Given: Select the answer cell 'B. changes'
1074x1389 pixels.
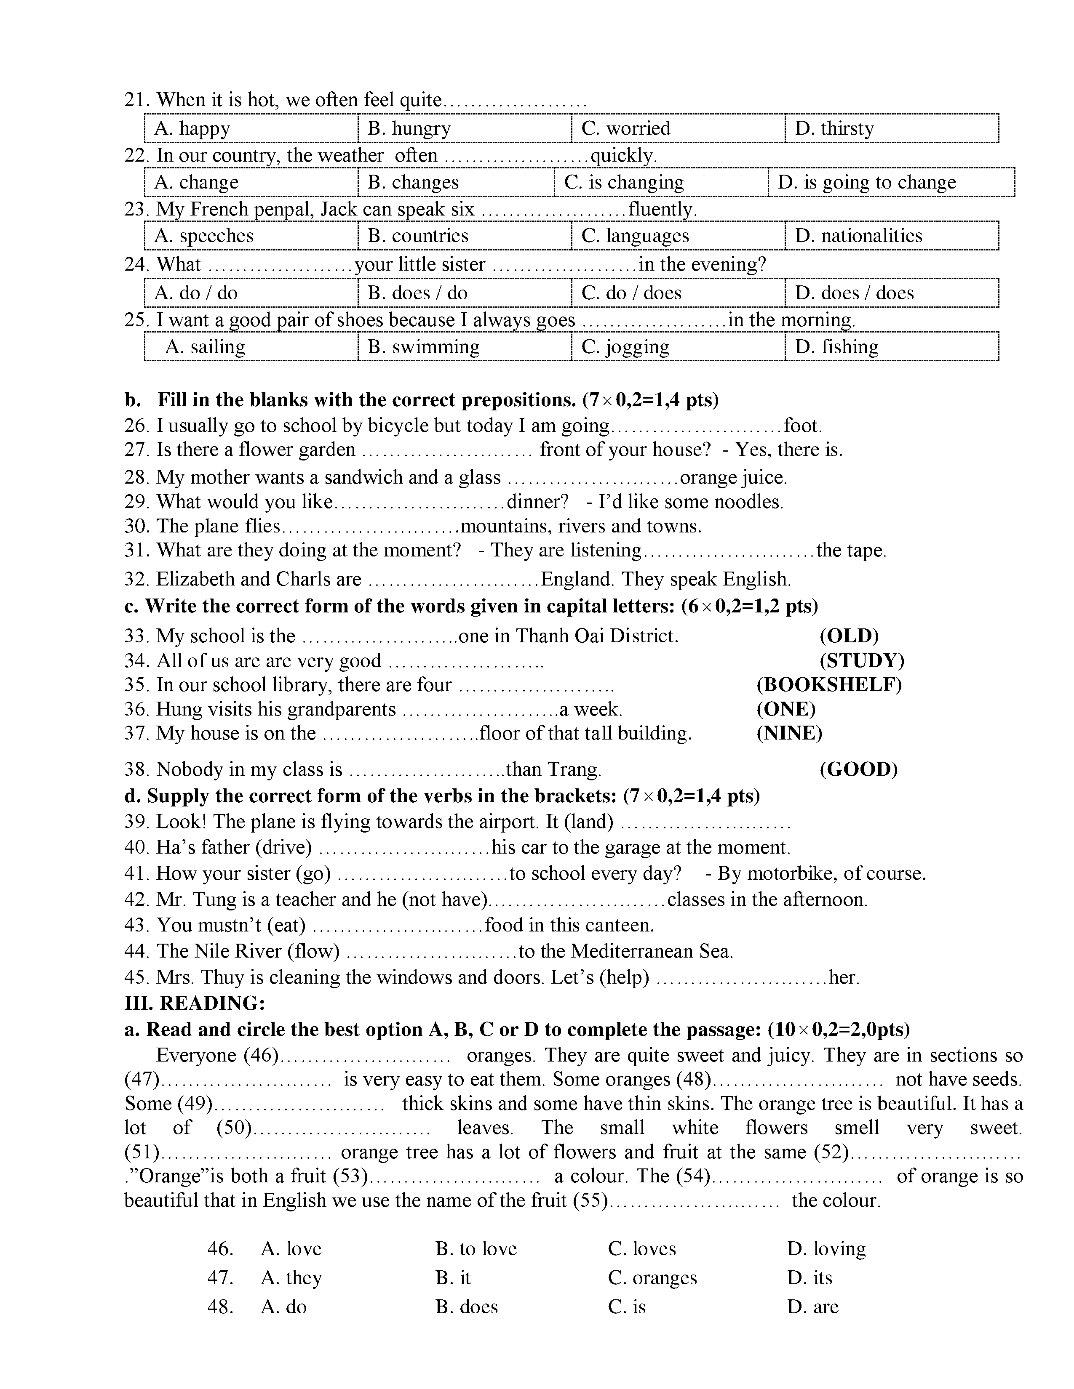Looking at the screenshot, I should pos(413,183).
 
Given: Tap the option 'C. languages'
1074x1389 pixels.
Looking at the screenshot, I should pos(635,236).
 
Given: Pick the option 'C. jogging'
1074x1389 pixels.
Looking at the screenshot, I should pos(625,347).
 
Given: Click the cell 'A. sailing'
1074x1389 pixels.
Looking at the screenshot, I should pos(205,347).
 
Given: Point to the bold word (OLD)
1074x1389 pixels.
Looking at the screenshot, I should pos(849,636).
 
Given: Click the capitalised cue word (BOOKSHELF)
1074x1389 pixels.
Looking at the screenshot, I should pos(829,685).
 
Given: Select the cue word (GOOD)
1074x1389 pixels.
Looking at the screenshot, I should pos(858,769).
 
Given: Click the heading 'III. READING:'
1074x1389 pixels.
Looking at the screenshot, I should pos(194,1003).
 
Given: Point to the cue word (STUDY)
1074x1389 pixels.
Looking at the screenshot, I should pos(861,661).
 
